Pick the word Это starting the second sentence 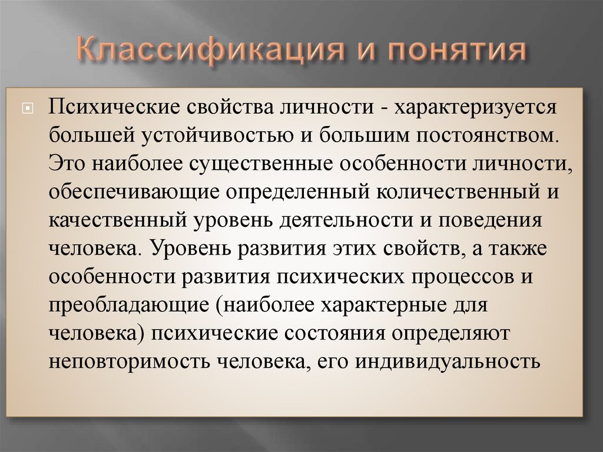[68, 163]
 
